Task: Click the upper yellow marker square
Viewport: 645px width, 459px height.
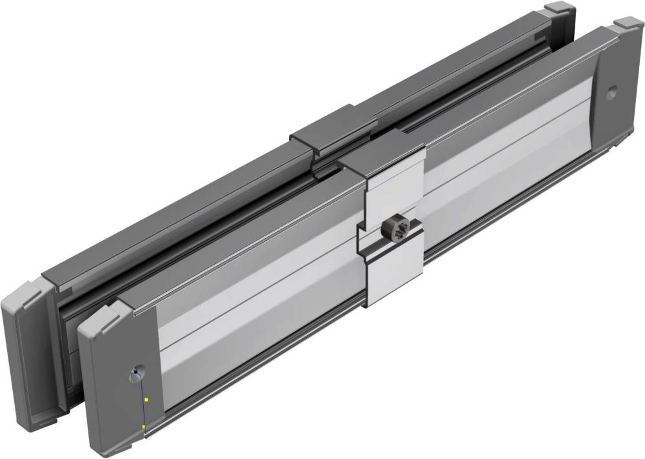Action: (146, 400)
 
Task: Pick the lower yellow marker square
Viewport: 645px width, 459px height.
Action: (143, 427)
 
